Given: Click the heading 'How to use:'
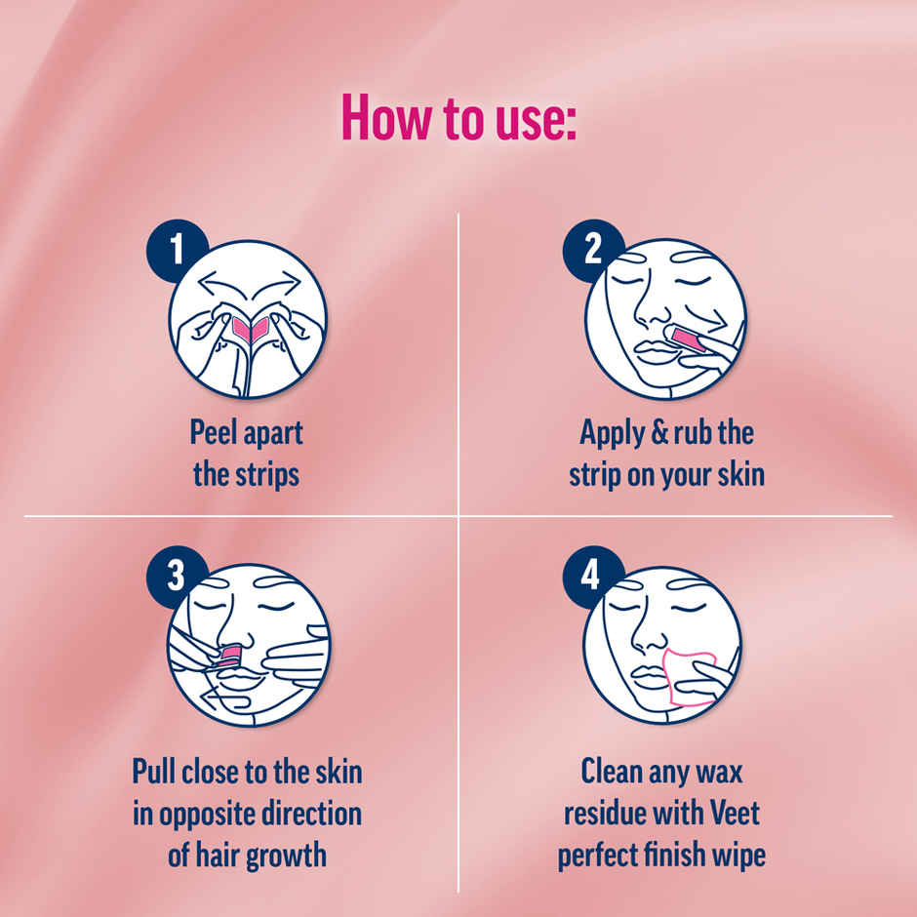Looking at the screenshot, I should pos(458,118).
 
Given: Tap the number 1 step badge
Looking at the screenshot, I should pos(177,250).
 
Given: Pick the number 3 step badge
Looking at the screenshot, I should pos(177,576).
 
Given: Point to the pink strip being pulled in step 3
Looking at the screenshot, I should pos(229,651).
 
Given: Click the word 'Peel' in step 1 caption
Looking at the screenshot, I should pos(211,433).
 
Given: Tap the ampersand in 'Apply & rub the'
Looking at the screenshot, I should pos(658,433).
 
